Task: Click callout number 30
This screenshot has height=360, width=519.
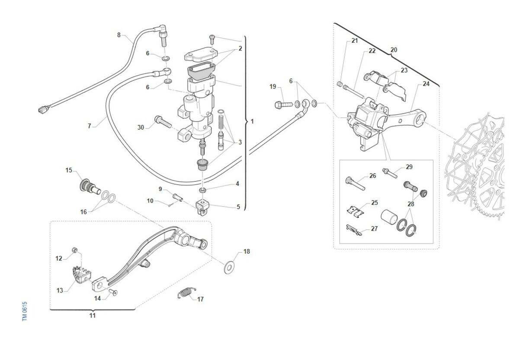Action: point(141,127)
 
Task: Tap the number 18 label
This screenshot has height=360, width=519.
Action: point(247,251)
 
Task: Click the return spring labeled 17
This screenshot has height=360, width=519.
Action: point(185,293)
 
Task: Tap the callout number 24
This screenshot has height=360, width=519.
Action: point(426,84)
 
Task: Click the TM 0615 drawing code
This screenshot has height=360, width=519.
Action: point(25,311)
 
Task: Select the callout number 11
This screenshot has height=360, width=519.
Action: point(93,315)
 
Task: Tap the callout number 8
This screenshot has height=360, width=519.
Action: point(119,35)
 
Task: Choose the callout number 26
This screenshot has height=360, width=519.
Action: point(372,176)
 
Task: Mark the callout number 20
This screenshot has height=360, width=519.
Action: point(394,50)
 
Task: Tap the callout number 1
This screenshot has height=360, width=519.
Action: point(252,121)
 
